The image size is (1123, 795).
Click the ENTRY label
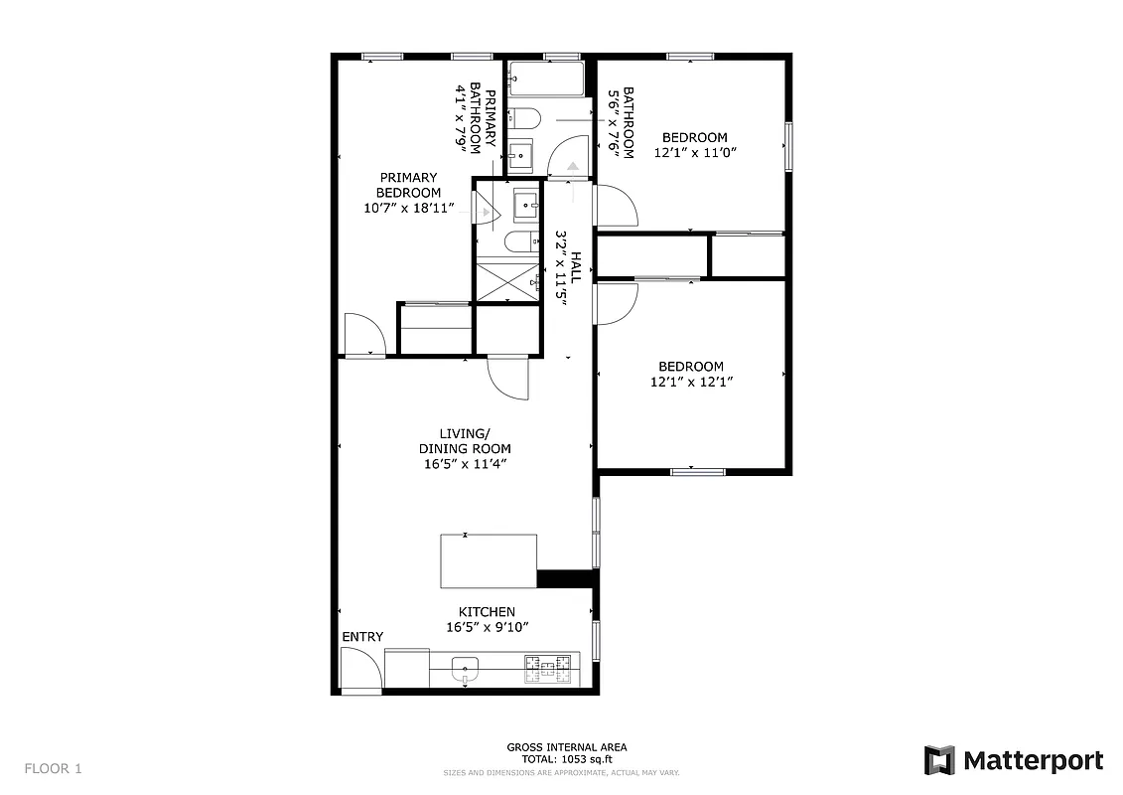tap(362, 636)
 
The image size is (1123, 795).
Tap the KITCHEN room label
tap(487, 611)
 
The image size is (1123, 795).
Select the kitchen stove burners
tap(549, 668)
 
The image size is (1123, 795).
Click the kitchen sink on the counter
tap(465, 668)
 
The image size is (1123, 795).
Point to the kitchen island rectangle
tap(489, 561)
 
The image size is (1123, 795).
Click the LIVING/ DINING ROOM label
tap(465, 441)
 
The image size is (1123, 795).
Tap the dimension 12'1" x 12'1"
tap(692, 382)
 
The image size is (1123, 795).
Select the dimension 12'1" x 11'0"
tap(695, 153)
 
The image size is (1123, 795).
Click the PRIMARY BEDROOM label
tap(407, 185)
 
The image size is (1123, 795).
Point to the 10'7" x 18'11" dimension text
tap(408, 209)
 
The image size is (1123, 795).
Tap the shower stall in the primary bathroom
tap(506, 280)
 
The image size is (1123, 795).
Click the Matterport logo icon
tap(939, 761)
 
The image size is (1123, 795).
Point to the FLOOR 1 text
tap(54, 768)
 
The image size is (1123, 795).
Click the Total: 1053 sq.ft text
tap(566, 758)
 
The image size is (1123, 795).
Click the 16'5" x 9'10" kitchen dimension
tap(487, 627)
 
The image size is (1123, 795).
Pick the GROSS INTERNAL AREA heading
tap(566, 746)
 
